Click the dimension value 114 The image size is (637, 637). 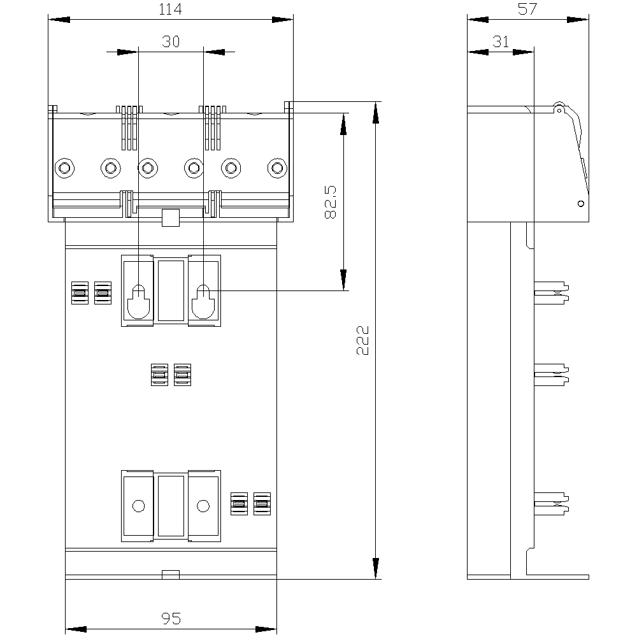pyautogui.click(x=171, y=10)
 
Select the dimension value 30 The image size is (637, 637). pyautogui.click(x=171, y=42)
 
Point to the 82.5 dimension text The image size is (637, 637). pyautogui.click(x=330, y=203)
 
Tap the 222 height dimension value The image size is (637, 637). pyautogui.click(x=362, y=341)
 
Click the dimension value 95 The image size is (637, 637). pyautogui.click(x=171, y=619)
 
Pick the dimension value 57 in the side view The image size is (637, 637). pyautogui.click(x=527, y=9)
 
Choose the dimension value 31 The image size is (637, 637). pyautogui.click(x=501, y=42)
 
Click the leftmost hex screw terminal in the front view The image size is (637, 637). pyautogui.click(x=64, y=168)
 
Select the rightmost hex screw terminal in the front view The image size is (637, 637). pyautogui.click(x=276, y=168)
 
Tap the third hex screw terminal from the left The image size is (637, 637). pyautogui.click(x=148, y=168)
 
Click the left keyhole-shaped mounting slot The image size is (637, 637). pyautogui.click(x=138, y=301)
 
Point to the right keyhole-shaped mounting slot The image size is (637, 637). pyautogui.click(x=203, y=301)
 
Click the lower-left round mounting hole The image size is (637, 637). pyautogui.click(x=138, y=506)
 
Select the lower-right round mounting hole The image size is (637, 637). pyautogui.click(x=203, y=506)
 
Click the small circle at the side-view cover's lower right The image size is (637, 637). pyautogui.click(x=580, y=204)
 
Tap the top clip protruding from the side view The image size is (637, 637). pyautogui.click(x=551, y=290)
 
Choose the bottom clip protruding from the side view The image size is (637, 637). pyautogui.click(x=551, y=502)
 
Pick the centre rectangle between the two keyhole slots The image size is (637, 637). pyautogui.click(x=170, y=289)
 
